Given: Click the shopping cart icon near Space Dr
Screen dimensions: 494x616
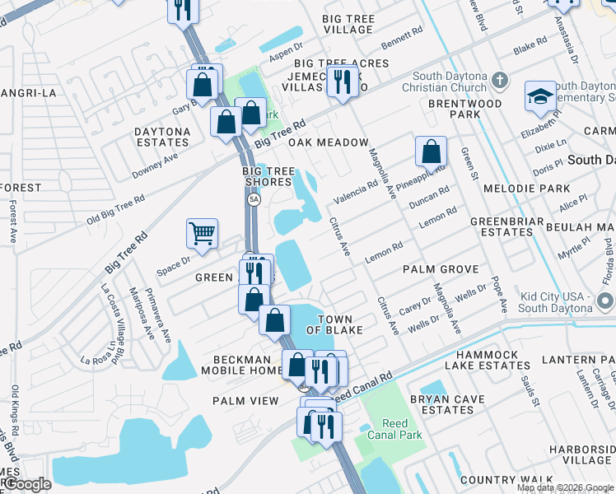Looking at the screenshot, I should point(202,234).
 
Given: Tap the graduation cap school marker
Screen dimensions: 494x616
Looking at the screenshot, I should point(540,96).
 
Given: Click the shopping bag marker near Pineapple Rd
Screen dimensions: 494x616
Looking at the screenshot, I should point(431,151).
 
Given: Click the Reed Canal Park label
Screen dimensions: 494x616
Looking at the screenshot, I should point(383,429).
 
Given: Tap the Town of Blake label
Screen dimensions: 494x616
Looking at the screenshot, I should point(329,324).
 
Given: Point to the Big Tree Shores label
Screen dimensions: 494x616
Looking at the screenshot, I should point(268,176).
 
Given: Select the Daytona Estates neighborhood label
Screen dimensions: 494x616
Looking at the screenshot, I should point(163,137).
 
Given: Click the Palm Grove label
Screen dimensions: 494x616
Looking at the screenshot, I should point(441,269).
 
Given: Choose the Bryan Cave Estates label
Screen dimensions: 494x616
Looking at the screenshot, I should point(441,404).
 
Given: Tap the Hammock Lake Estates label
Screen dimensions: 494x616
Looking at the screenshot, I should point(482,359).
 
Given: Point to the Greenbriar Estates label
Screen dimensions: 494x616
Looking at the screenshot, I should point(503,226).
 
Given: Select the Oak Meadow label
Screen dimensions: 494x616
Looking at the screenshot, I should point(328,142).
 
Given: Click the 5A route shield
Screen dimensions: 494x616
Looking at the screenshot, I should point(254,200).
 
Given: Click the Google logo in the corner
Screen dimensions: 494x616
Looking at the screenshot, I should point(26,484).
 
